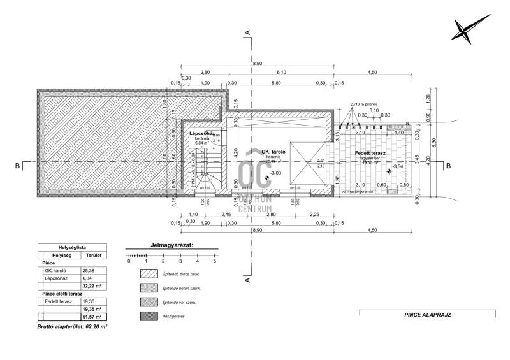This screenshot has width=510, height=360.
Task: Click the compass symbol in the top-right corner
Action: [x=469, y=29]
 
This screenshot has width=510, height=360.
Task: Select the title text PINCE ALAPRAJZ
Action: [x=428, y=314]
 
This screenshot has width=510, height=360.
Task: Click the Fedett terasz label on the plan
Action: [x=368, y=154]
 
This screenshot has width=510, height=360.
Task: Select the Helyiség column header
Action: [x=61, y=254]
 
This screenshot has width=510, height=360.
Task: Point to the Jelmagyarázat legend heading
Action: [x=171, y=244]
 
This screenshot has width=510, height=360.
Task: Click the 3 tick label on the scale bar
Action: [x=180, y=261]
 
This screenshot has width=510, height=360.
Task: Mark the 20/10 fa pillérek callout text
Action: [x=365, y=103]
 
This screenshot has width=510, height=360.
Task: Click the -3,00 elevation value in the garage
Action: [x=277, y=173]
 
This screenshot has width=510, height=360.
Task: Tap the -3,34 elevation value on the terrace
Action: [x=398, y=166]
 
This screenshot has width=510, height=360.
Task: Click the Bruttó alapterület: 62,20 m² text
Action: [x=71, y=326]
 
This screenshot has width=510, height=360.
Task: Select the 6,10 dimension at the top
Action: [x=281, y=73]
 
